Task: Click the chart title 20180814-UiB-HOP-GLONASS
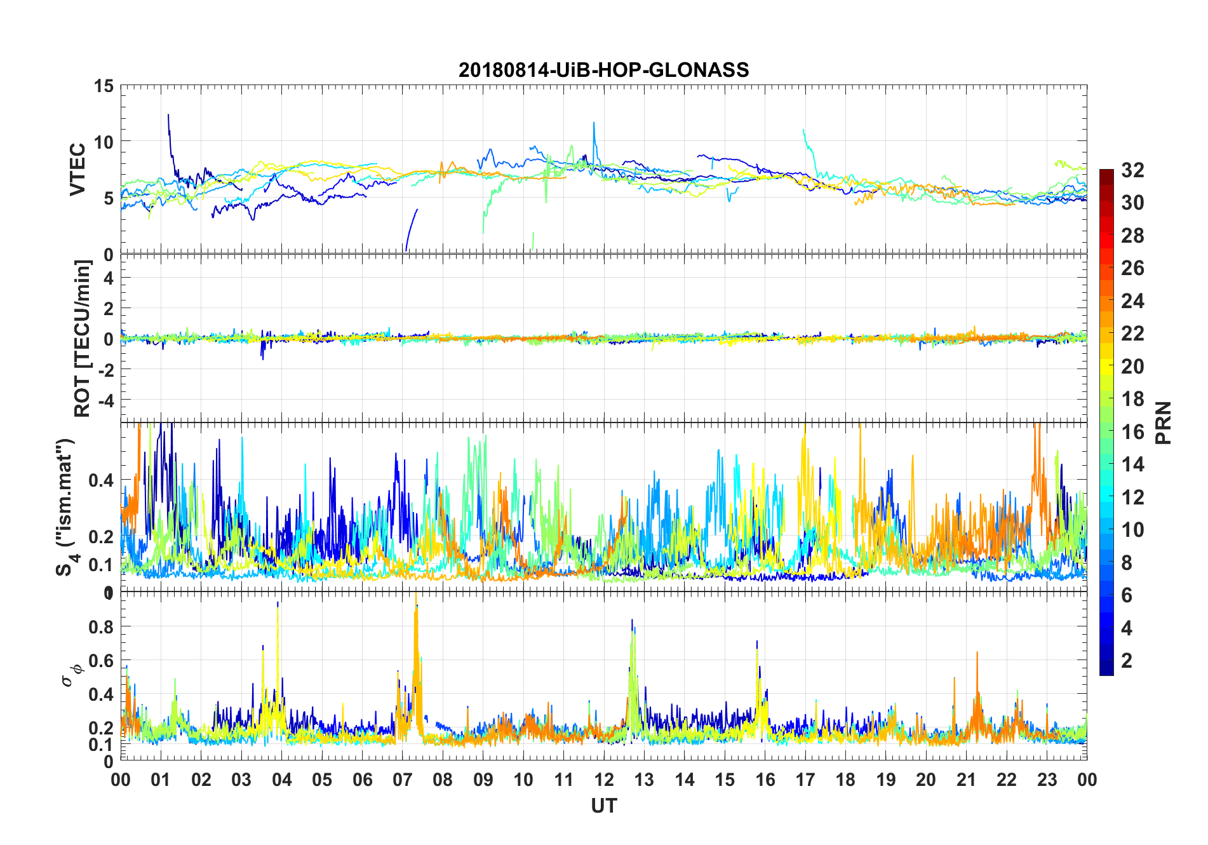click(x=603, y=70)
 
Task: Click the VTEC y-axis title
click(x=77, y=170)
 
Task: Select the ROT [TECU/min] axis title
click(x=83, y=339)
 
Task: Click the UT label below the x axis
click(x=603, y=806)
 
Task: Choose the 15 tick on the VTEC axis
click(x=104, y=86)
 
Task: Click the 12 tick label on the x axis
click(x=604, y=780)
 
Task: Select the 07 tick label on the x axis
click(x=403, y=780)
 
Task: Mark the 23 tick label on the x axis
click(x=1047, y=780)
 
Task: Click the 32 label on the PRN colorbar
click(x=1132, y=170)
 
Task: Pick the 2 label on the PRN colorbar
click(x=1127, y=661)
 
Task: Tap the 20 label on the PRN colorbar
click(x=1132, y=367)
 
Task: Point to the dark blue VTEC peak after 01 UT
click(x=168, y=116)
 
